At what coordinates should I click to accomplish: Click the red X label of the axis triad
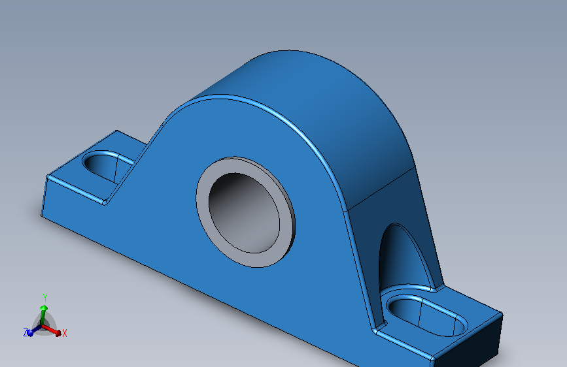(65, 333)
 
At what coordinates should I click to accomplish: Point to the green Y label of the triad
(44, 296)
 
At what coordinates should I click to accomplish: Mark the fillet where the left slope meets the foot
(105, 200)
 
